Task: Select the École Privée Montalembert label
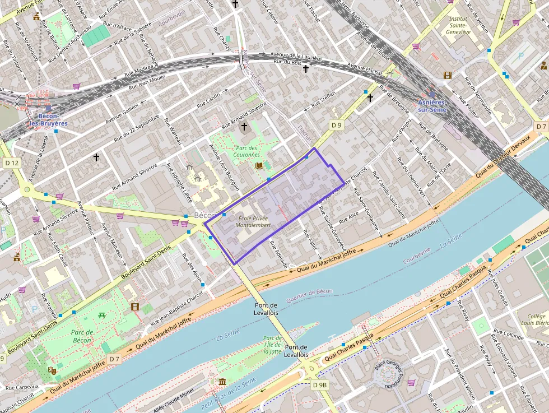coord(254,221)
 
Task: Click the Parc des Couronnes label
coord(246,151)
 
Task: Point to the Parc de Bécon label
coord(82,336)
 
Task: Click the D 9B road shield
coord(320,384)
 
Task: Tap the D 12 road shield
coord(12,163)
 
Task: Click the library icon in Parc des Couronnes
coord(259,166)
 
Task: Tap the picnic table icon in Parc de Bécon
coord(102,315)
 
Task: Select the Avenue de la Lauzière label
coord(296,57)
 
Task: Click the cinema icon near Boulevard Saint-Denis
coord(134,307)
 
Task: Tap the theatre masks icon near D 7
coord(52,370)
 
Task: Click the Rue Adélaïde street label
coord(278,254)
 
